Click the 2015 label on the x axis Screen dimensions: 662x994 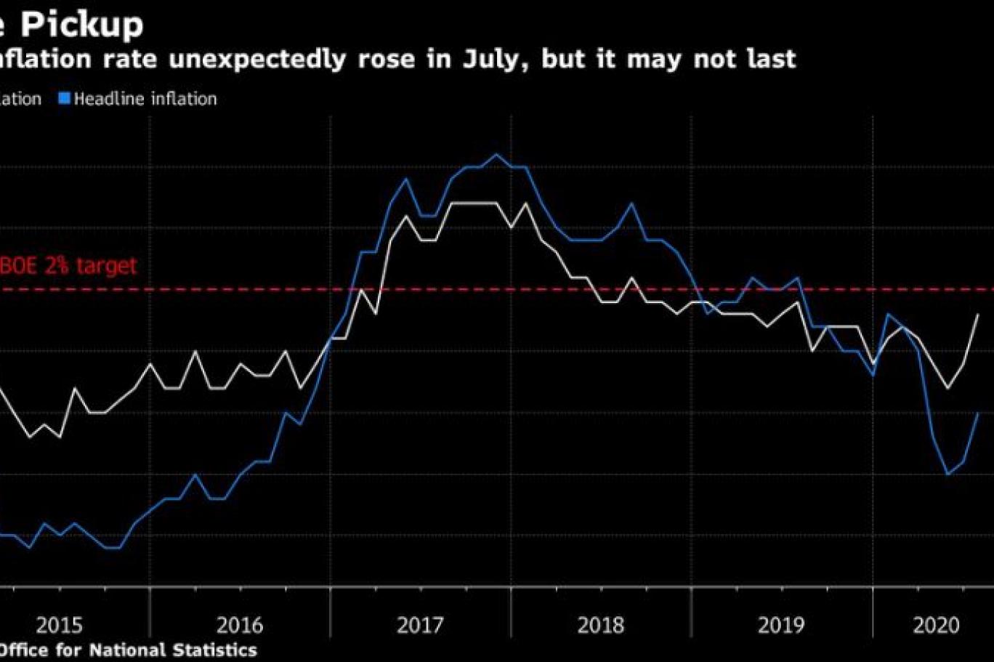coord(60,625)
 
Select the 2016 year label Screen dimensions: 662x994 coord(240,625)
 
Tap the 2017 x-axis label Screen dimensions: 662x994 coord(420,625)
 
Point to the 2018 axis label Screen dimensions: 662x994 coord(600,625)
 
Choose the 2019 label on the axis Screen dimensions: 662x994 coord(781,625)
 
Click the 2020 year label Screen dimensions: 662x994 coord(936,625)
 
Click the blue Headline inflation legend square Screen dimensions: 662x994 coord(65,99)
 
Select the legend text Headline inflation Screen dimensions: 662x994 coord(145,99)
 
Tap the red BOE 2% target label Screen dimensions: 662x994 coord(68,266)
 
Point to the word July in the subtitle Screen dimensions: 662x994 coord(491,59)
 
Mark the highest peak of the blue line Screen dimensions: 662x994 coord(496,154)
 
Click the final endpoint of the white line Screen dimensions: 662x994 coord(979,315)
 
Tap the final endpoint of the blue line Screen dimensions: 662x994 coord(979,413)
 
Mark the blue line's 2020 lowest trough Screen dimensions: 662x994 coord(947,475)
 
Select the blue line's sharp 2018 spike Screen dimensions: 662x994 coord(631,203)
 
